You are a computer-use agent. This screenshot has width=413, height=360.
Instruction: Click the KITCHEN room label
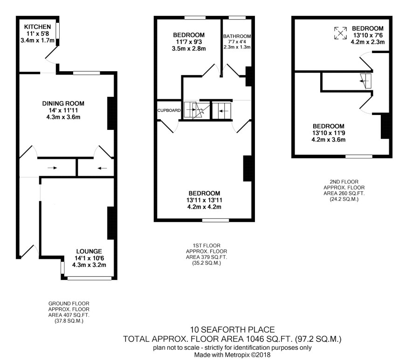(x=37, y=27)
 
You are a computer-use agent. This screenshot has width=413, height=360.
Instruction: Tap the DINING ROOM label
(x=63, y=103)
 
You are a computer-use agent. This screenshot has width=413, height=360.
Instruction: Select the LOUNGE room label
(x=89, y=251)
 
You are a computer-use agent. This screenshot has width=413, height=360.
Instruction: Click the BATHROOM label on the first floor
(x=237, y=36)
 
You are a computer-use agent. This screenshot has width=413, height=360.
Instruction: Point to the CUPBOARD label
(x=169, y=110)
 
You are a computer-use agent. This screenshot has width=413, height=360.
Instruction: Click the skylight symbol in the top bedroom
(x=340, y=33)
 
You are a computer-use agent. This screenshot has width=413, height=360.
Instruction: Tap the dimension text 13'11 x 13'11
(x=204, y=200)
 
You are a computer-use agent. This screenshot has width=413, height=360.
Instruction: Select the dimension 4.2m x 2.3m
(x=368, y=42)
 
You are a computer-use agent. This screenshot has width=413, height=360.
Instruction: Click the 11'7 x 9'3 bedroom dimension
(x=189, y=42)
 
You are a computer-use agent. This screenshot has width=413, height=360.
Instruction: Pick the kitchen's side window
(x=57, y=31)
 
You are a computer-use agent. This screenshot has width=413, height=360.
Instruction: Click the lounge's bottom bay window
(x=89, y=278)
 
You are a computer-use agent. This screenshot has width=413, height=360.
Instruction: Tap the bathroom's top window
(x=237, y=18)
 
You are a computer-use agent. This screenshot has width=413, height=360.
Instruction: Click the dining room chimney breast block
(x=111, y=114)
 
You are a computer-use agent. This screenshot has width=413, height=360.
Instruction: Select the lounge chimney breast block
(x=110, y=223)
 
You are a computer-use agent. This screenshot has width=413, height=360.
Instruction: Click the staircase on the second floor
(x=366, y=81)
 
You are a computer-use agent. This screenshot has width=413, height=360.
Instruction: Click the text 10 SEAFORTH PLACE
(x=232, y=329)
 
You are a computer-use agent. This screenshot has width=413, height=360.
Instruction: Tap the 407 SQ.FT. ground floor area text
(x=69, y=315)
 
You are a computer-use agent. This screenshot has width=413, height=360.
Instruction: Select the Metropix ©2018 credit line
(x=232, y=355)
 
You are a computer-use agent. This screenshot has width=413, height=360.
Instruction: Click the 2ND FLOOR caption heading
(x=344, y=182)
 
